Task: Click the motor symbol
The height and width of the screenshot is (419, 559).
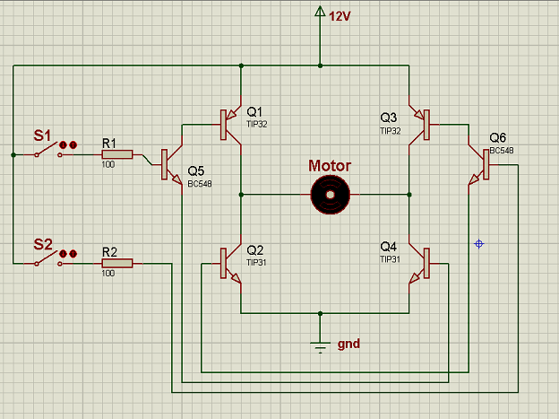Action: tap(331, 195)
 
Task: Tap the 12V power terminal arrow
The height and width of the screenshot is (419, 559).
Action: tap(320, 12)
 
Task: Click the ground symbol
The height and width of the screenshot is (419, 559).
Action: tap(320, 347)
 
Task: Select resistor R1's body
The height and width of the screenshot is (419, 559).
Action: tap(117, 154)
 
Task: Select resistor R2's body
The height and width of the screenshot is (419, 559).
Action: tap(117, 263)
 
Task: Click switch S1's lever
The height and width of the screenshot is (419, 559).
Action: tap(47, 149)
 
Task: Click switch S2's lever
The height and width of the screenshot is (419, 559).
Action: tap(47, 258)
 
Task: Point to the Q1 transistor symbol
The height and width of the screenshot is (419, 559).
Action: tap(230, 125)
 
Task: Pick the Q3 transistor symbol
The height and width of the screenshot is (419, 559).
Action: tap(419, 125)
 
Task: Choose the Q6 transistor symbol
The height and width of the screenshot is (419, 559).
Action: tap(478, 165)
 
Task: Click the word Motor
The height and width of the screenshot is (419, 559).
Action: tap(330, 166)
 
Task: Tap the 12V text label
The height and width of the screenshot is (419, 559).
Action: tap(340, 16)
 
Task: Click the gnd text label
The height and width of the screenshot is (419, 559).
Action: tap(348, 344)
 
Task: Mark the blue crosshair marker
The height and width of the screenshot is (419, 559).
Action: tap(478, 244)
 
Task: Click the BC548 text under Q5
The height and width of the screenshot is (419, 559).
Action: tap(200, 184)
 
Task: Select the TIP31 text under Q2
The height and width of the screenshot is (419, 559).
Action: tap(256, 263)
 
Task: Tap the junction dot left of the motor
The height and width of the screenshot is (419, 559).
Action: tap(241, 195)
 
